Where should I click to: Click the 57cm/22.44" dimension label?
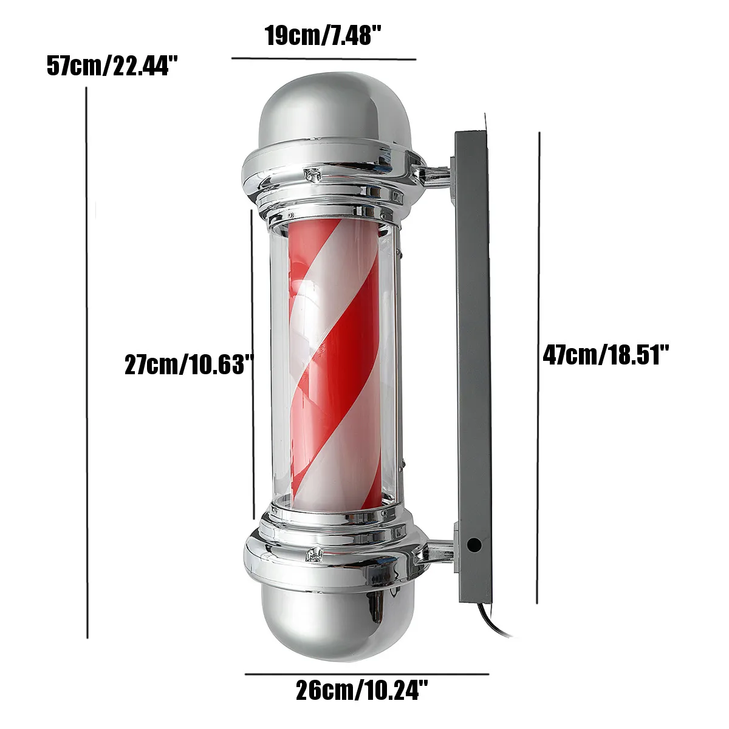112,66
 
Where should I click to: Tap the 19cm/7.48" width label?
323,36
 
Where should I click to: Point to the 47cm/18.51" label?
606,354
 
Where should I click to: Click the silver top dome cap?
334,110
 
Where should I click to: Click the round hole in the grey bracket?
474,545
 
